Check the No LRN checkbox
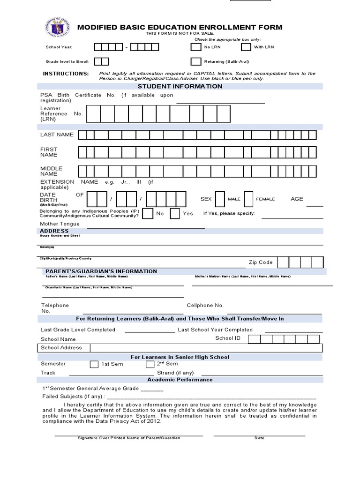196,47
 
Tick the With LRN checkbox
246,47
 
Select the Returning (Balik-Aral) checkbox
196,61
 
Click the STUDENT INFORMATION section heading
180,86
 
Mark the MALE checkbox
220,199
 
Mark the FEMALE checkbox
249,199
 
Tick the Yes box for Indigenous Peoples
175,214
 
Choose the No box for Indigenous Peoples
148,214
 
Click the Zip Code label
260,262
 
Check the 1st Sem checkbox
94,364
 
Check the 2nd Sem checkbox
150,364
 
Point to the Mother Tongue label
60,224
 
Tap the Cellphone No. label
205,306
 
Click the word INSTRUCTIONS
66,74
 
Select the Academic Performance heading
180,380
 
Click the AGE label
297,199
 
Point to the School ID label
227,338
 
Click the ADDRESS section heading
54,231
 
